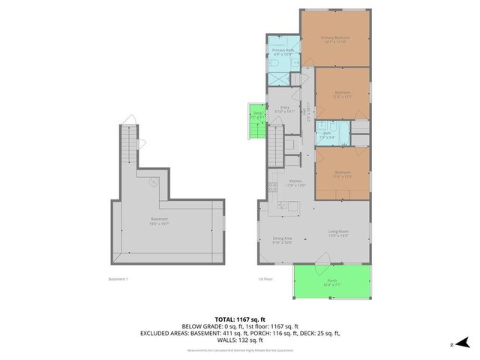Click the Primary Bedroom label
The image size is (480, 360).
point(335,39)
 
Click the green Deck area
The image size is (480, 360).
point(256,118)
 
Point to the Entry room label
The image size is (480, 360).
point(285,109)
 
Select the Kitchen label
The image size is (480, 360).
point(295,184)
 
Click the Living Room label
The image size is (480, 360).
point(338,234)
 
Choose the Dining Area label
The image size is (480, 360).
point(282,241)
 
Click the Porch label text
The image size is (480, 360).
point(331,283)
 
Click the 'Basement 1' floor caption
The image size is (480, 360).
point(119,280)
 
